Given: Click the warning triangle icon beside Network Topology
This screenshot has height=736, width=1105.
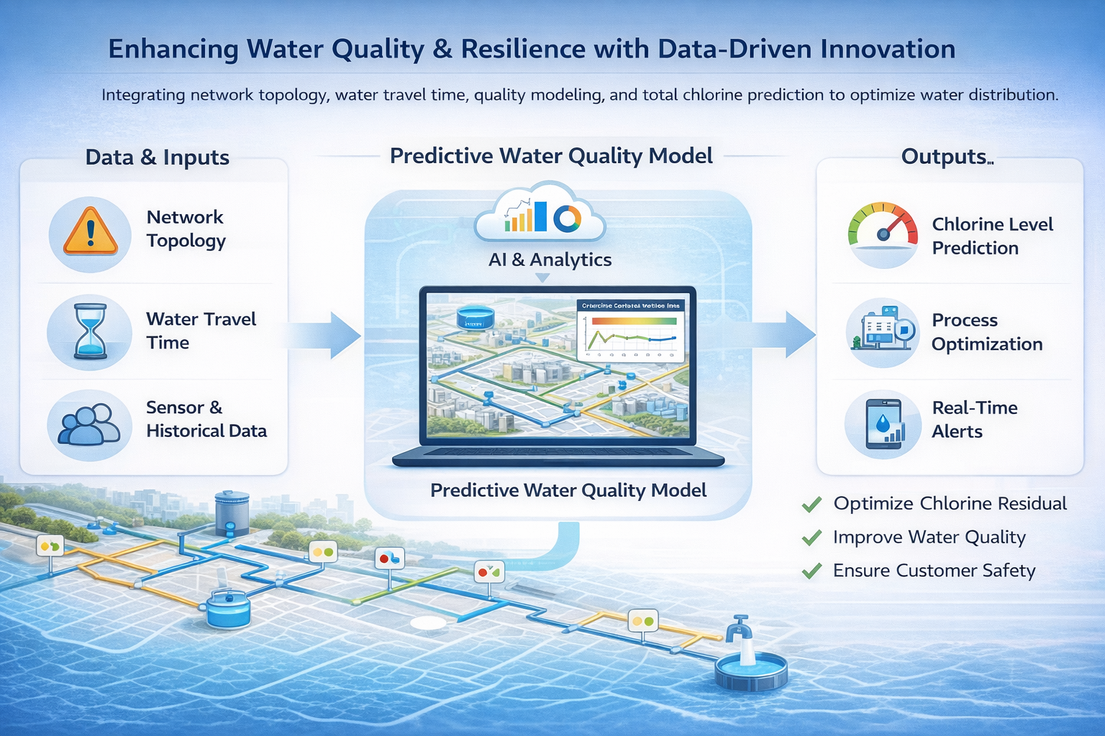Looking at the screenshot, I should tap(90, 233).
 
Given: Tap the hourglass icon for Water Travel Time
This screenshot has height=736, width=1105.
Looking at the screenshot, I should tap(90, 331).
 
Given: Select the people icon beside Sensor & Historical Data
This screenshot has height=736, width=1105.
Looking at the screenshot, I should tap(88, 425).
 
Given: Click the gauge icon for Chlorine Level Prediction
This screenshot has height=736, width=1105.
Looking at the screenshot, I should tap(883, 229).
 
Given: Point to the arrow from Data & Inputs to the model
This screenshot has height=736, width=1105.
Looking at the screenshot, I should tap(327, 335).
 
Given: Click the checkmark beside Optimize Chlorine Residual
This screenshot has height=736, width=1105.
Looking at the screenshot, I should tap(811, 505).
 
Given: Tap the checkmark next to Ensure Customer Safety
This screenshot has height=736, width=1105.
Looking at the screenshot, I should tap(811, 571).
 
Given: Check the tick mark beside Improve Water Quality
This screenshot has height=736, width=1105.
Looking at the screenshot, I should tap(811, 538).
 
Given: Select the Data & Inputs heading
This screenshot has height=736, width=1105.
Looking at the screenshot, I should tap(157, 157).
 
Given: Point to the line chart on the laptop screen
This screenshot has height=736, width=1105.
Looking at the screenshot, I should tap(631, 336).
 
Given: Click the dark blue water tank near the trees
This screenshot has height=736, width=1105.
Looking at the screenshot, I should tap(232, 512).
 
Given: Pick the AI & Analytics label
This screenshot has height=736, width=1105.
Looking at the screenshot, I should tap(550, 259).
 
